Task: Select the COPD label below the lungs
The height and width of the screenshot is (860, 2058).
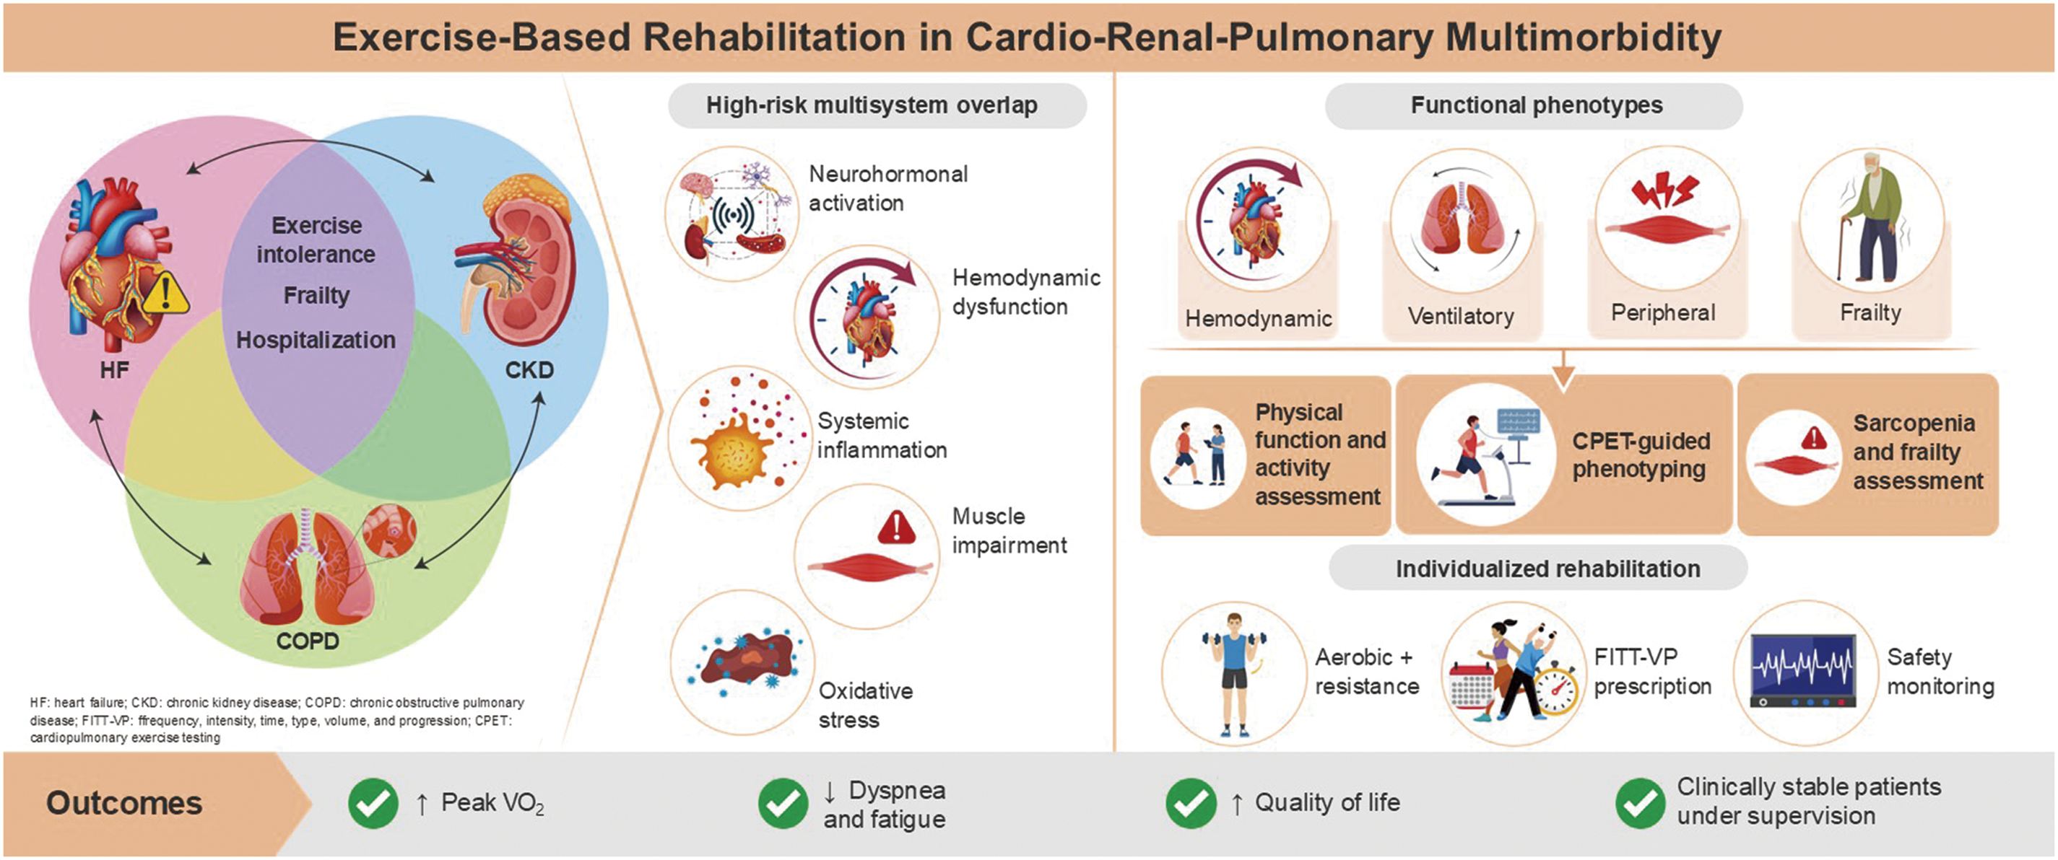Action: pyautogui.click(x=308, y=641)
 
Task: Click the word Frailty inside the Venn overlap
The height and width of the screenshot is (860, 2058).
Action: pyautogui.click(x=316, y=296)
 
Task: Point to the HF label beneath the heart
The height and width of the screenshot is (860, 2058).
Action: pyautogui.click(x=114, y=369)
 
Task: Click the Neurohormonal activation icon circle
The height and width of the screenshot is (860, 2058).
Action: pyautogui.click(x=731, y=214)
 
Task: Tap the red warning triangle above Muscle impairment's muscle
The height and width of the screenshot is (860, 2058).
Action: pyautogui.click(x=896, y=527)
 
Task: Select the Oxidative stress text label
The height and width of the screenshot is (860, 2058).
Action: pyautogui.click(x=865, y=705)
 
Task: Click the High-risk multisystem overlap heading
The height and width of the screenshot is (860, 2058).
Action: pyautogui.click(x=872, y=105)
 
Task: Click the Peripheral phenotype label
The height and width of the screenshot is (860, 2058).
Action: pyautogui.click(x=1663, y=312)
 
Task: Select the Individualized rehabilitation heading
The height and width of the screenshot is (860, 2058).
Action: pyautogui.click(x=1547, y=569)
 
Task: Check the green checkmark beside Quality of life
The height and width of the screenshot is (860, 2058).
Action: pyautogui.click(x=1191, y=803)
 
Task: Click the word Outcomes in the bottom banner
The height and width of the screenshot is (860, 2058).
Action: pyautogui.click(x=123, y=803)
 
